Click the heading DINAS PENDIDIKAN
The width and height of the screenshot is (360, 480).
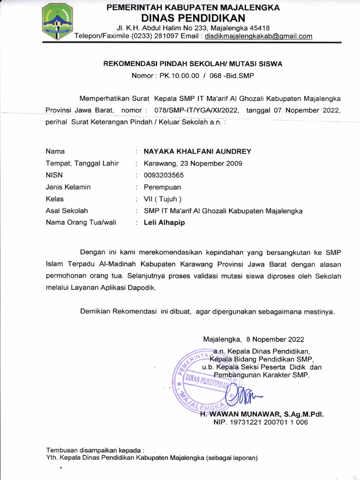(x=193, y=18)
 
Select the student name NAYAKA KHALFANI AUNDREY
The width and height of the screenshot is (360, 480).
(x=197, y=151)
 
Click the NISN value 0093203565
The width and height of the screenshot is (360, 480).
(x=164, y=175)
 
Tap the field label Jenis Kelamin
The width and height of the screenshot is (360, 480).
(x=68, y=187)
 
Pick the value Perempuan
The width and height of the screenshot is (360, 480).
(x=162, y=187)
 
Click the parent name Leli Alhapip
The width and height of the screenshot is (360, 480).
(x=164, y=223)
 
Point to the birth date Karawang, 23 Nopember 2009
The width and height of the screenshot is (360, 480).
(x=193, y=163)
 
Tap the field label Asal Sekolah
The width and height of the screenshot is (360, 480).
(x=67, y=211)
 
